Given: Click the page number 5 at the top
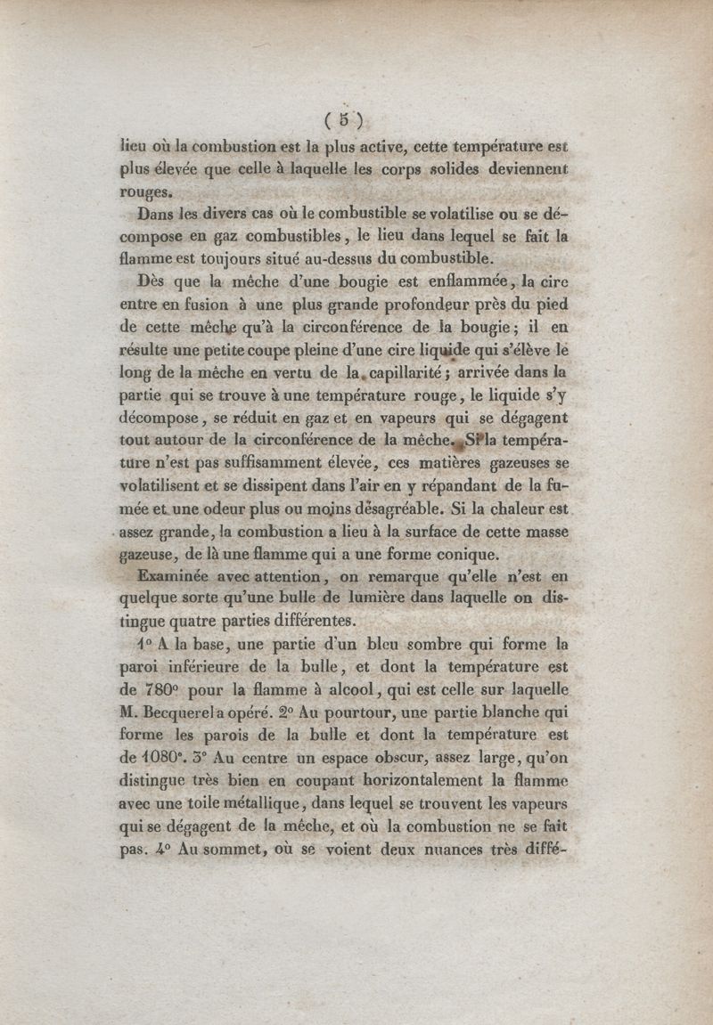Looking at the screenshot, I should [x=344, y=119].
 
